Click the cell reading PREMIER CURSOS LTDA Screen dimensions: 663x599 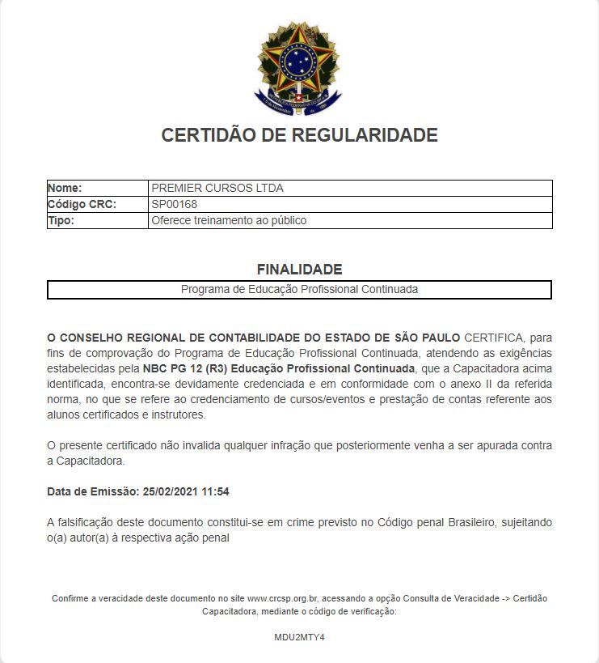[x=217, y=188]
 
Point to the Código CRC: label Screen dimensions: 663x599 [x=82, y=204]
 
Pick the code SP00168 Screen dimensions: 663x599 [x=174, y=204]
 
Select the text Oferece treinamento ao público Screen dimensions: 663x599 [x=229, y=220]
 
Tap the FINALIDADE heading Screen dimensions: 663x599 [x=299, y=269]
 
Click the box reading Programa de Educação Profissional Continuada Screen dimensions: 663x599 [x=299, y=289]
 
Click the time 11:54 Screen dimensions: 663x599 [x=216, y=491]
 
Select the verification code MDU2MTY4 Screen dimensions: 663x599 [x=299, y=637]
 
